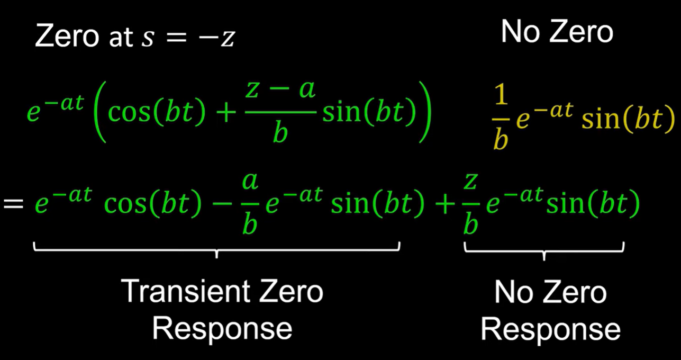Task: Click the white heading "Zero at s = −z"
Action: point(134,37)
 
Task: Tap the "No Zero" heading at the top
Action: point(557,32)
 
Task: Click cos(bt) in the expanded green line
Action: point(153,204)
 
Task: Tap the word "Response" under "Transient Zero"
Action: point(222,328)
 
